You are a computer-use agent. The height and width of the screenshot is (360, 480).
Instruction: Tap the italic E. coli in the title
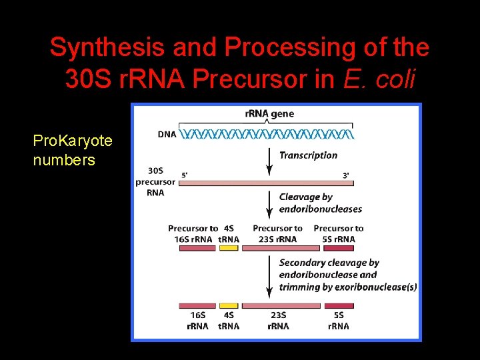coord(380,79)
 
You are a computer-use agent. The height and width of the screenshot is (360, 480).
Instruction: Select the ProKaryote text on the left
coord(73,141)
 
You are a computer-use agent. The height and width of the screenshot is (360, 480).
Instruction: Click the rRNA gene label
coord(269,113)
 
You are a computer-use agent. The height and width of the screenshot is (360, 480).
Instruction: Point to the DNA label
coord(167,134)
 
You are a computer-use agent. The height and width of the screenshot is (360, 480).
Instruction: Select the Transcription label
coord(308,155)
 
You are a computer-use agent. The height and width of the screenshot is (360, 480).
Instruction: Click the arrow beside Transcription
coord(269,159)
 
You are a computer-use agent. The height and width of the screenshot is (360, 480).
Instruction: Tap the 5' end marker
coord(185,175)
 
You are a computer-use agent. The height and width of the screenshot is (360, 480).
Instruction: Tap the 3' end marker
coord(345,175)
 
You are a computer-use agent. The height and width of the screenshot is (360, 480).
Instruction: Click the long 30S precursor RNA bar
coord(267,183)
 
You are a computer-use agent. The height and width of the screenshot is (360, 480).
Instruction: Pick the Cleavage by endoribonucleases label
coord(320,203)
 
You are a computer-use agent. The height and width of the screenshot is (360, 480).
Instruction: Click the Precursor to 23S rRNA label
coord(277,233)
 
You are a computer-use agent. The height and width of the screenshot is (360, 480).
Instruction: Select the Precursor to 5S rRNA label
coord(338,233)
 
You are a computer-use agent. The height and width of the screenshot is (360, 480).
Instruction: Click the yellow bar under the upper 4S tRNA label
coord(229,248)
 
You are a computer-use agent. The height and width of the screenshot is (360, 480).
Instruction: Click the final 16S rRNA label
coord(197,321)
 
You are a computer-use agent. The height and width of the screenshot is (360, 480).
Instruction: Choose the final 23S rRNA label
coord(278,321)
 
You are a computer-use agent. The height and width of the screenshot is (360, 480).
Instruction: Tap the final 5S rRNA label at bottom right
coord(339,321)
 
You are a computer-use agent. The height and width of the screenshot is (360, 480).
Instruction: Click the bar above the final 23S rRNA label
coord(280,306)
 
